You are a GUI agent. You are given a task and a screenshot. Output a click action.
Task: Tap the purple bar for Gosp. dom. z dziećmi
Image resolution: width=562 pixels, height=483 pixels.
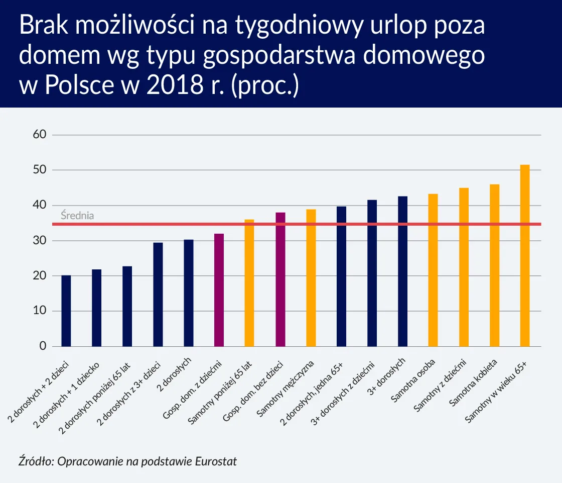[x=219, y=290]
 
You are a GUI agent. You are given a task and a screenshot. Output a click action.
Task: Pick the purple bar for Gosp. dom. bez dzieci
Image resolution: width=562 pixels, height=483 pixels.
[x=280, y=279]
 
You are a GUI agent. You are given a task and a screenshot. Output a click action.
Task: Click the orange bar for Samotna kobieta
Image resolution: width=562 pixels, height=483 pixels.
[x=494, y=265]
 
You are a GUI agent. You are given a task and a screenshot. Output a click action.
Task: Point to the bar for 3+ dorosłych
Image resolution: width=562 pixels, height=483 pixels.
[x=402, y=271]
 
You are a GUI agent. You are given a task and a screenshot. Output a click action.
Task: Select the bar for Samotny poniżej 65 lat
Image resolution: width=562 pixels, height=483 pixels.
[x=249, y=283]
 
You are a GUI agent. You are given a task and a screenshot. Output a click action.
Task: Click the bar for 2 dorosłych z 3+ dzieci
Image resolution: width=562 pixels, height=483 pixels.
[x=158, y=295]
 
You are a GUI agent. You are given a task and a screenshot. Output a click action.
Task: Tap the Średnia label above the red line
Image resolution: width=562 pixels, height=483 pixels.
[x=77, y=216]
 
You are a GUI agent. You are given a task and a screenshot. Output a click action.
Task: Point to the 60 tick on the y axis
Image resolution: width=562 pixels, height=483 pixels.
[x=40, y=135]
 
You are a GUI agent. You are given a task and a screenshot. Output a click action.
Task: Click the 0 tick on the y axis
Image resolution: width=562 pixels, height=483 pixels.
[x=43, y=346]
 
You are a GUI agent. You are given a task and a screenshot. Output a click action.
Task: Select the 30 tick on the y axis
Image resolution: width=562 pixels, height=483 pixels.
[x=40, y=241]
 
